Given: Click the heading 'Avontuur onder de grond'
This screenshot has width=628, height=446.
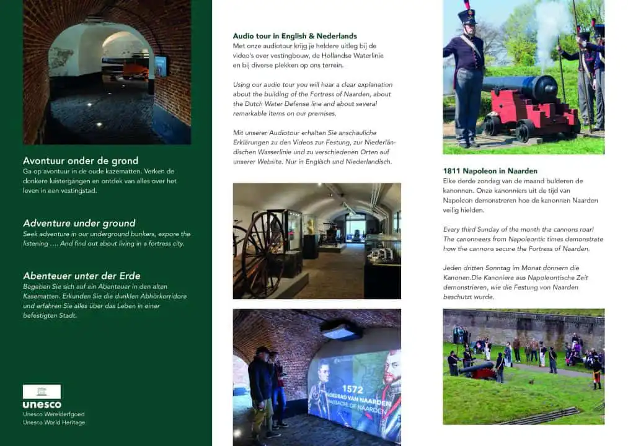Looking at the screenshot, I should (81, 160).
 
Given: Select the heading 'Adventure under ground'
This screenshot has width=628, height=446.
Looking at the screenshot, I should (79, 223).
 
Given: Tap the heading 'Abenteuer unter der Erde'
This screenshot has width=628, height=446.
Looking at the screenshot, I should (81, 276).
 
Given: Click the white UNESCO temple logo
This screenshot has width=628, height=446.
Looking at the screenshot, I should (42, 391).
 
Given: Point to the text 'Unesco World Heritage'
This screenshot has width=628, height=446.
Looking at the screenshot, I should (54, 422).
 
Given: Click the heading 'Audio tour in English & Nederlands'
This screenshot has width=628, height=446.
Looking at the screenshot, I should (294, 36).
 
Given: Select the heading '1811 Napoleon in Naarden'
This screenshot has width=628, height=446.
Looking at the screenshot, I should (490, 170).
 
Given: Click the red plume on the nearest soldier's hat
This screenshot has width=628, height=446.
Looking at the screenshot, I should (467, 5).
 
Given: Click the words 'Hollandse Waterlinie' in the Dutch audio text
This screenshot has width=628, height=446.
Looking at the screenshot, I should (354, 56).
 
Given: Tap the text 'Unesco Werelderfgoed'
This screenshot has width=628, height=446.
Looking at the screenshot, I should (53, 414).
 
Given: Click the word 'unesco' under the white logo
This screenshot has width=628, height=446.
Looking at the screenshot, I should (42, 405).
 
